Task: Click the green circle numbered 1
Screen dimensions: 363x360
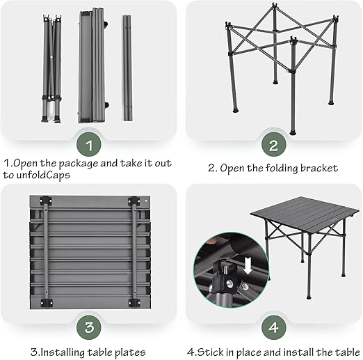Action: (x=89, y=144)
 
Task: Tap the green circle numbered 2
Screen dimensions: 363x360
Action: (x=274, y=144)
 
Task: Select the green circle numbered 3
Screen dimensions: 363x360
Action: (x=89, y=327)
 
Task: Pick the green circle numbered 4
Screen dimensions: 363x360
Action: (x=274, y=327)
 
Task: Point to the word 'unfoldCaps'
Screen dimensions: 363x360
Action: (x=43, y=175)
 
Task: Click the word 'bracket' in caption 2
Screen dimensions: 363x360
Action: (x=319, y=169)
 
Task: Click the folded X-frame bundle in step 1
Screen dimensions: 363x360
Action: (x=51, y=69)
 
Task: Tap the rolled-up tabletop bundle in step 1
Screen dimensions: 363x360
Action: (x=92, y=65)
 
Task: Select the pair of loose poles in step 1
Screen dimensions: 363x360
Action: (x=127, y=68)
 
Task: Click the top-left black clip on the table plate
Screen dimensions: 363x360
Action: (x=46, y=201)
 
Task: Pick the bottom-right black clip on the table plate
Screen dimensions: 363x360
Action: (x=134, y=303)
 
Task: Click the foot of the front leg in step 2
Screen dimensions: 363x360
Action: (x=293, y=133)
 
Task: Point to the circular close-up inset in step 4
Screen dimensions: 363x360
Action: (x=232, y=269)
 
